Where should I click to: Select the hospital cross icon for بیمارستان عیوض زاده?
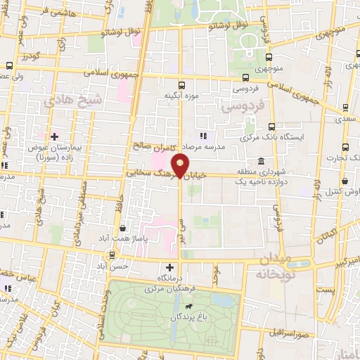click(54, 136)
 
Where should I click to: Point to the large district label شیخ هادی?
click(73, 101)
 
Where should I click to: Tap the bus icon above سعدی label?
click(346, 108)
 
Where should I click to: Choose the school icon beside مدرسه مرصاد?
click(203, 135)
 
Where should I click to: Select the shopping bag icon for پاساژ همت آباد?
click(124, 228)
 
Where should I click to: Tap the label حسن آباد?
click(112, 267)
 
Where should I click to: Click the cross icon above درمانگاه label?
click(169, 267)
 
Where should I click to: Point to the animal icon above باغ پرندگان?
click(188, 307)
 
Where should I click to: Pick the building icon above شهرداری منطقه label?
click(261, 161)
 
